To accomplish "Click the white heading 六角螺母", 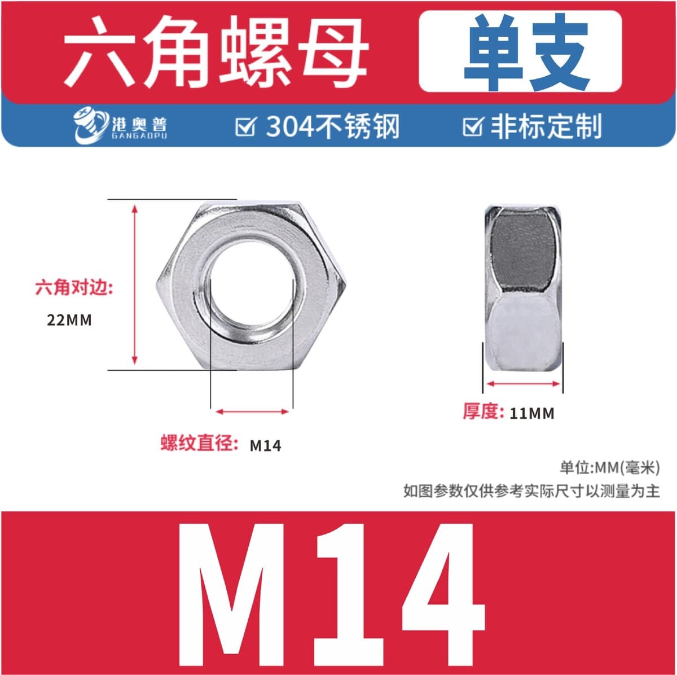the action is [x=216, y=52].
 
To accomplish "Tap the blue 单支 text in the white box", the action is [x=526, y=52].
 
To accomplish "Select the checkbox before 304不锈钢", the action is [x=246, y=126].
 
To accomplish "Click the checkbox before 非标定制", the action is [x=473, y=126].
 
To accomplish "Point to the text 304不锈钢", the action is [x=333, y=126].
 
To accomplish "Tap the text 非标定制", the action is [x=546, y=126].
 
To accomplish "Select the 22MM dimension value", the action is [x=69, y=320].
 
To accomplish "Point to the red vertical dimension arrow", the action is [x=135, y=285].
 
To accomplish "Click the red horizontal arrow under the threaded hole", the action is [x=252, y=411].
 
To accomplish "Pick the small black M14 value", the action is [x=265, y=446].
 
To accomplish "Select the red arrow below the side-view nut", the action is [x=523, y=384].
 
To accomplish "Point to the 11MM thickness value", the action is [x=532, y=414].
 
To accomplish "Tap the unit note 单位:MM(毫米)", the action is [x=610, y=468].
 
